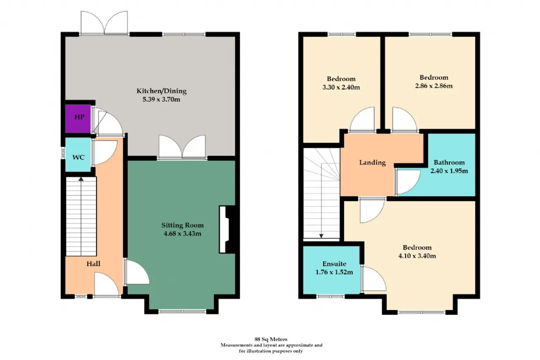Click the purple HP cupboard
[x=78, y=119]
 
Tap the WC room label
[x=78, y=157]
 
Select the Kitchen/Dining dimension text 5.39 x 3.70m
[x=161, y=99]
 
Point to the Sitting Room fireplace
[x=227, y=229]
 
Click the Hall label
[x=93, y=264]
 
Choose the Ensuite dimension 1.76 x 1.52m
[x=334, y=272]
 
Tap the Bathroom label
[x=449, y=162]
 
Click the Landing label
[x=373, y=163]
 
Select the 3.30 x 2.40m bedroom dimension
[x=341, y=87]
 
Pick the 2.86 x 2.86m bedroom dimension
[x=434, y=86]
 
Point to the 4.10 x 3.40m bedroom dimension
[x=417, y=256]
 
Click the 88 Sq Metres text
[x=271, y=339]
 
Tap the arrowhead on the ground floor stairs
[x=81, y=179]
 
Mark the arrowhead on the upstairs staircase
[x=321, y=236]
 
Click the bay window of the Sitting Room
[x=182, y=311]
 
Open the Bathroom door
[x=408, y=182]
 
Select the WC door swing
[x=105, y=153]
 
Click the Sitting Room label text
[x=183, y=225]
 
